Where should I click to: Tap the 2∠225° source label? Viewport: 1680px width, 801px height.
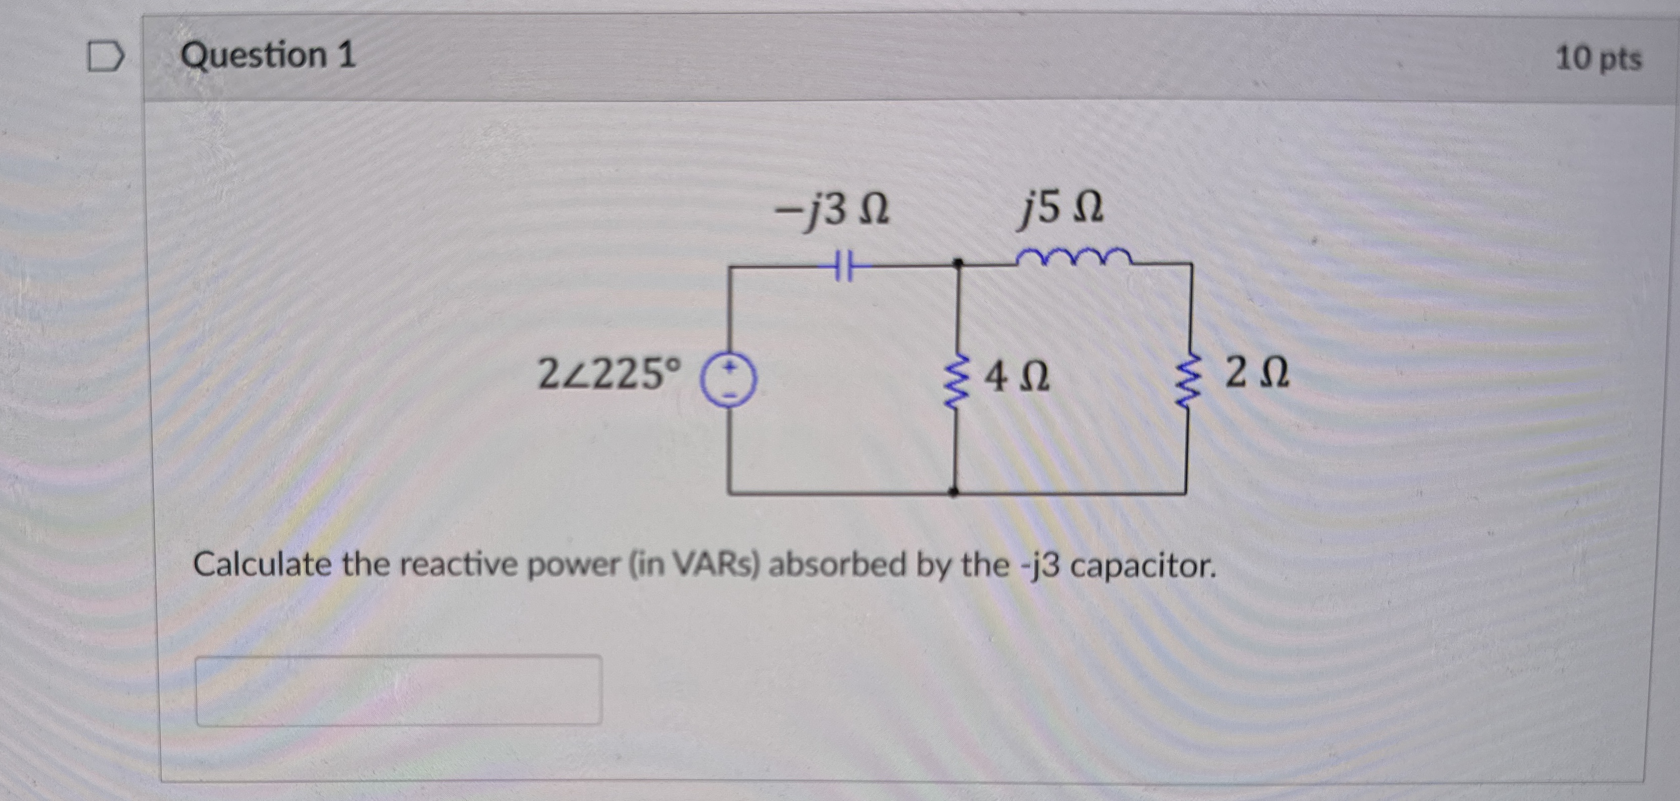[608, 375]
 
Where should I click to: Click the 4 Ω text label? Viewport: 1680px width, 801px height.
[1017, 377]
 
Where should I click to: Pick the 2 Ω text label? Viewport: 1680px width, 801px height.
[1256, 373]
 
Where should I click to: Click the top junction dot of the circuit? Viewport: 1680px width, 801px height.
[957, 263]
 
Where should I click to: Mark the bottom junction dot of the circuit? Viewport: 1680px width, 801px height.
[954, 492]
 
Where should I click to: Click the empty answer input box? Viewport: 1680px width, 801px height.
[399, 690]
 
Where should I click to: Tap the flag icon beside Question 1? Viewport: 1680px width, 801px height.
[106, 57]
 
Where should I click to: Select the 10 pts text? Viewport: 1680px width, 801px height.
[1598, 58]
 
